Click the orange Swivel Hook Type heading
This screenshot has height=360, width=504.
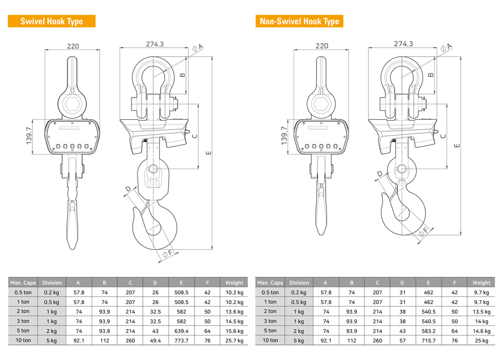point(52,21)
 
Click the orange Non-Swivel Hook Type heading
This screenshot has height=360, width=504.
point(299,21)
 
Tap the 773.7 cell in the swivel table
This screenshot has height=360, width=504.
point(181,341)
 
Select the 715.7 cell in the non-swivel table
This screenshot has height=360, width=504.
point(428,341)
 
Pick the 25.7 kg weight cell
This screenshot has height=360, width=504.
point(234,341)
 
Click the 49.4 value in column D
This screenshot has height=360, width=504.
point(155,341)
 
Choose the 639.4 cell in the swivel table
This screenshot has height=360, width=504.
point(181,331)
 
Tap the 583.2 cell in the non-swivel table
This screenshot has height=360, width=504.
point(428,331)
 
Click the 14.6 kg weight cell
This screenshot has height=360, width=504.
point(481,331)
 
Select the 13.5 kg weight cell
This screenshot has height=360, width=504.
point(481,312)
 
